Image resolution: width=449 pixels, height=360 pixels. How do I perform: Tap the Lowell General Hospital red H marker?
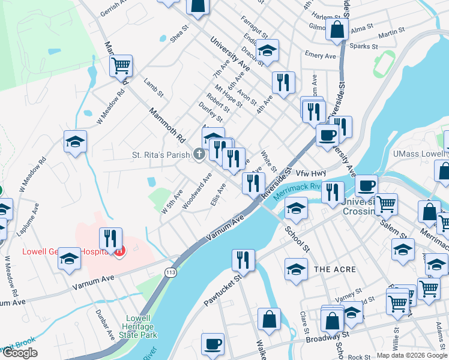tap(119, 251)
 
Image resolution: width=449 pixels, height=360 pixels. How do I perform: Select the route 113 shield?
tap(170, 272)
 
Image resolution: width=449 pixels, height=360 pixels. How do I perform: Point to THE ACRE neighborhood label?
tap(335, 270)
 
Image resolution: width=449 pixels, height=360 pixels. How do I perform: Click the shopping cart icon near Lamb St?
tap(121, 65)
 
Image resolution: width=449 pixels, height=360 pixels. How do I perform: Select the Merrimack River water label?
tap(294, 191)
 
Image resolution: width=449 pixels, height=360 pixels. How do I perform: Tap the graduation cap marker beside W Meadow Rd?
tap(76, 143)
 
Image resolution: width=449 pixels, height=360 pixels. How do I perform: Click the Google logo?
tap(20, 353)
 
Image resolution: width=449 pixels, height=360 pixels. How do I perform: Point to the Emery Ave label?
tap(320, 55)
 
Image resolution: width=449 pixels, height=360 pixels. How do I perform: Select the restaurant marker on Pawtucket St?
tap(242, 260)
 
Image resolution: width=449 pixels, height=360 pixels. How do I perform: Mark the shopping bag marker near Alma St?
tap(337, 28)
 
